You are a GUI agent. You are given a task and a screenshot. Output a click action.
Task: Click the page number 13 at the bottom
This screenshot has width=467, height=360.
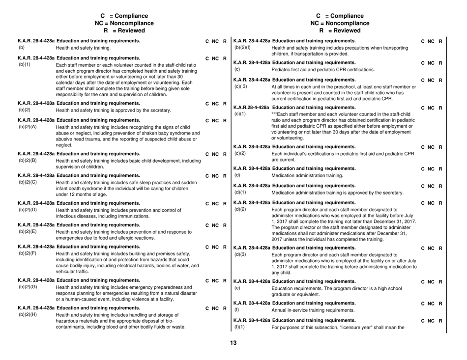coord(234,343)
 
